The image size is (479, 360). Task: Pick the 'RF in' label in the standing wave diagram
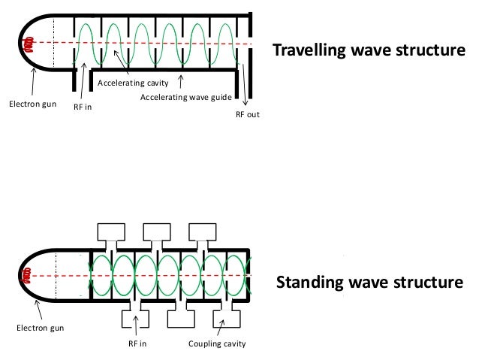point(136,344)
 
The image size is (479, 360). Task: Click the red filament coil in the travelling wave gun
point(29,44)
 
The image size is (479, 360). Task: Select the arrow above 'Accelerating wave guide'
point(182,81)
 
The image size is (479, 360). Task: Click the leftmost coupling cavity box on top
point(112,230)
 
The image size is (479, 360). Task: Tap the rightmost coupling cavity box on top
point(202,230)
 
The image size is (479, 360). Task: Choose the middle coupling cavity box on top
point(157,230)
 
